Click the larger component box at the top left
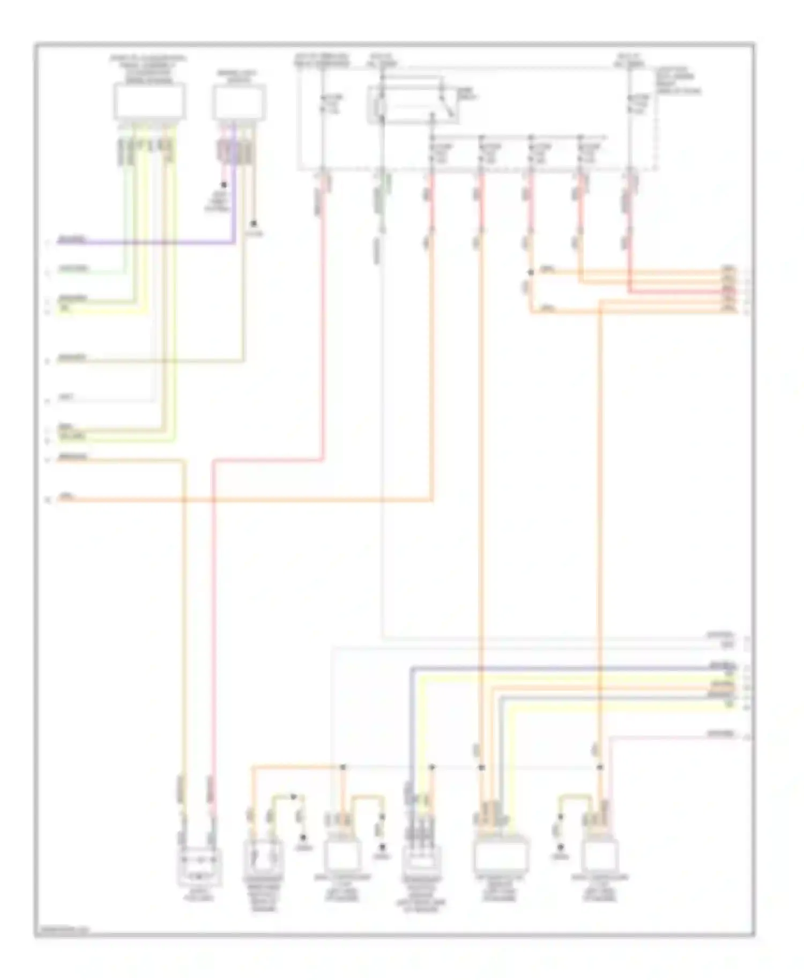point(149,102)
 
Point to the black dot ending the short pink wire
point(224,184)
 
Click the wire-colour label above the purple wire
point(72,239)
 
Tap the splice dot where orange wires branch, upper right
point(531,273)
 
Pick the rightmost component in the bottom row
point(600,855)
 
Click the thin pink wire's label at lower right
point(720,733)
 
